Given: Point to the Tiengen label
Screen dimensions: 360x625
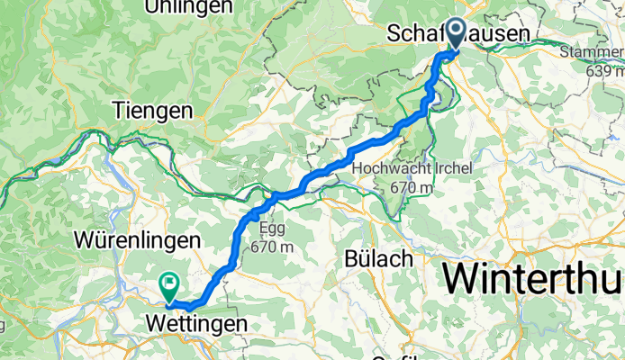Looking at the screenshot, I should click(153, 112).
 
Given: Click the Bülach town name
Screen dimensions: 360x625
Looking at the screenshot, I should click(378, 258).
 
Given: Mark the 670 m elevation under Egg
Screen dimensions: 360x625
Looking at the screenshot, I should click(272, 246).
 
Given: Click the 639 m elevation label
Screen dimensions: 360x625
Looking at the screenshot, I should click(603, 70).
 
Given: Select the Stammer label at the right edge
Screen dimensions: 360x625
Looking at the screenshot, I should click(591, 51).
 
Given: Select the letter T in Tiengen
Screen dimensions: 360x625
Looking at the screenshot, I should click(120, 112).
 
